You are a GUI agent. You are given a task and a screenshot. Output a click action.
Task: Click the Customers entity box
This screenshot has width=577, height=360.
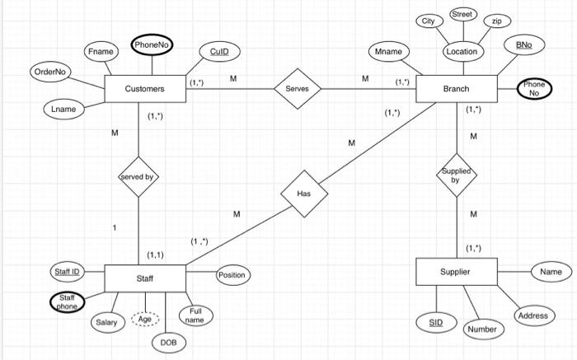144,88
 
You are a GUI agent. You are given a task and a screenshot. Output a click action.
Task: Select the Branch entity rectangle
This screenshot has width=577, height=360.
456,88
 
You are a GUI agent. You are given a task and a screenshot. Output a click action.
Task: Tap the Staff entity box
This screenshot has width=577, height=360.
144,279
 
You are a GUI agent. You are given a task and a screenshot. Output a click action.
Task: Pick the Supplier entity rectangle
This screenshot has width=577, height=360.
456,271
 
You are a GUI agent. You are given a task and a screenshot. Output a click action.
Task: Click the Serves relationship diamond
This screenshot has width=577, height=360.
297,88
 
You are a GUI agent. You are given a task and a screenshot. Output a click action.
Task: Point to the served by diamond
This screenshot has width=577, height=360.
138,176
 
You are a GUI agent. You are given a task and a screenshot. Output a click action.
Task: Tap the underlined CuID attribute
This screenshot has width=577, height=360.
219,51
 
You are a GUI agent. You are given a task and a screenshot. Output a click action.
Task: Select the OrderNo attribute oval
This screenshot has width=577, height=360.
50,72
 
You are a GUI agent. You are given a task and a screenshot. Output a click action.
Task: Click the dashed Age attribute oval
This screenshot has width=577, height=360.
144,320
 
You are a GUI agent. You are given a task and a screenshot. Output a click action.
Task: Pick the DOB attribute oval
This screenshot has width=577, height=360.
168,341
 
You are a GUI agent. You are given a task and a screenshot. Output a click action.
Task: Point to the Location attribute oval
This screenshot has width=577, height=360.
461,51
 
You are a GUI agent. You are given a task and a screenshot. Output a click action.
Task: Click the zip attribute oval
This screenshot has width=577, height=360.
496,21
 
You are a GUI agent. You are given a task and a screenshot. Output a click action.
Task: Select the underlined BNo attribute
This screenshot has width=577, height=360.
523,45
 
